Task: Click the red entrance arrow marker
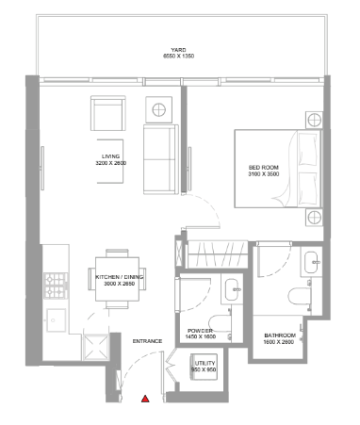145,399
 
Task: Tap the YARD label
178,50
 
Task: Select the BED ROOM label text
264,168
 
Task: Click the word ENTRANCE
147,341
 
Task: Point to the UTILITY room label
205,364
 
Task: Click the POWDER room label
200,331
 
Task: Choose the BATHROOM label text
280,335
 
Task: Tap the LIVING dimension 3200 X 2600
111,163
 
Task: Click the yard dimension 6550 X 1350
178,57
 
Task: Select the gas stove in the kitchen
56,286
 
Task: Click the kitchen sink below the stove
57,320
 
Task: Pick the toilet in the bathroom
300,297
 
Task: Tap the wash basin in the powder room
232,289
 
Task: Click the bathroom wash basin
311,262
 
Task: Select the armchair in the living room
108,113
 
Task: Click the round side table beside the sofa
159,110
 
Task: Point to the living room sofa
161,159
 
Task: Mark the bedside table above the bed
314,120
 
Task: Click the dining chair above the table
117,253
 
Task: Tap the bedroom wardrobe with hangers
217,254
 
